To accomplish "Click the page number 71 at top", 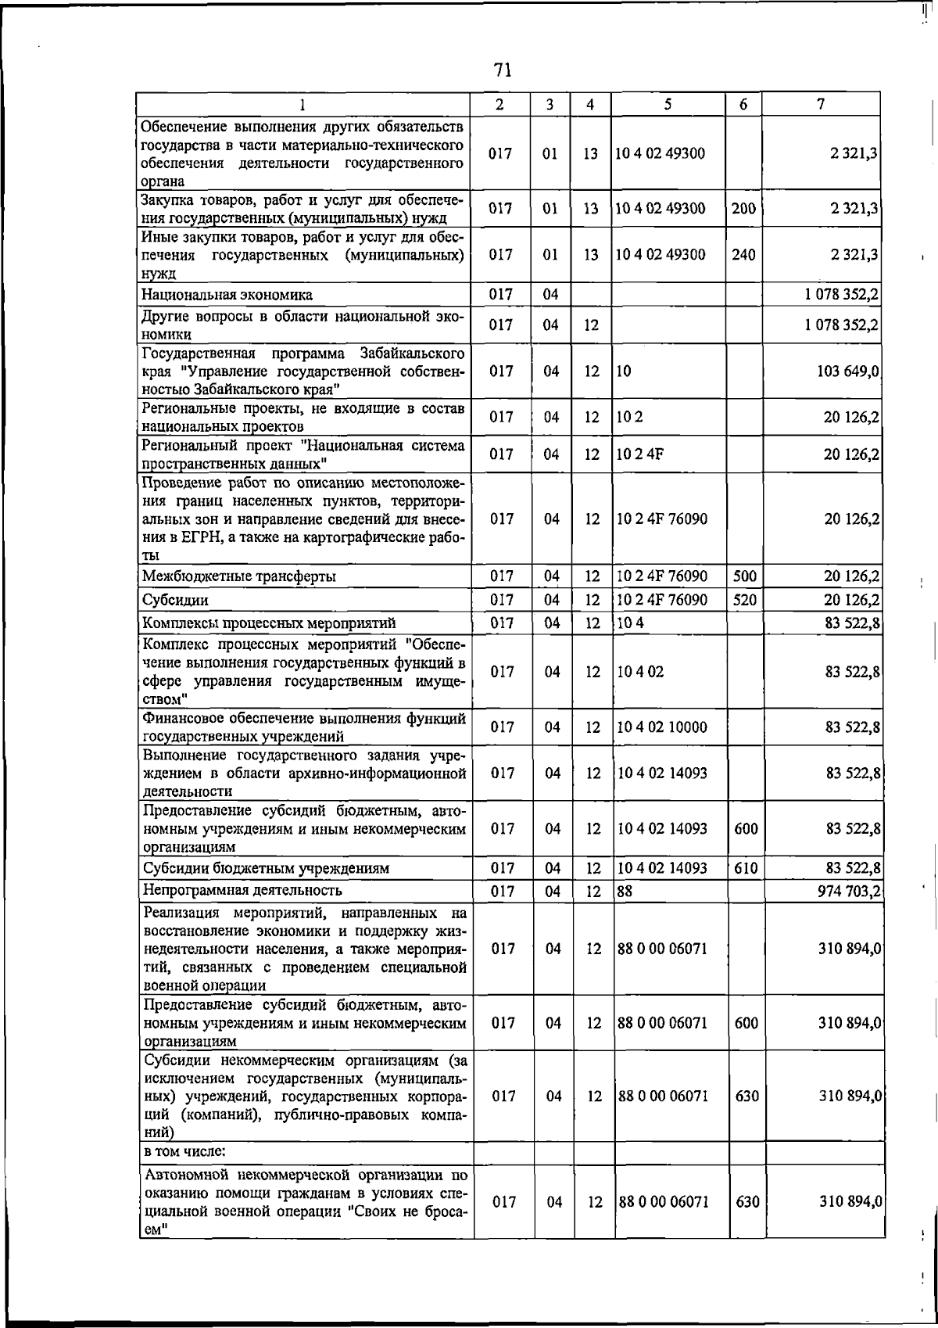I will tap(503, 70).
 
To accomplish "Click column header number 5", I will tap(668, 104).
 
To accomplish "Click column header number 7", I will tap(820, 104).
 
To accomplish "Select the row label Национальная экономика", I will tap(227, 295).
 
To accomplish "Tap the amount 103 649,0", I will tap(848, 371).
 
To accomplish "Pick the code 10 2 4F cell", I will tap(639, 454).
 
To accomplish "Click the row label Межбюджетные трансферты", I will tap(239, 576).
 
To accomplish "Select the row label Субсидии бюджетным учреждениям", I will tap(266, 868).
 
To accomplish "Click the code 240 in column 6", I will tap(743, 254).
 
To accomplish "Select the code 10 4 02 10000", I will tap(661, 727).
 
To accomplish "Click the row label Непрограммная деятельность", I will tap(242, 890).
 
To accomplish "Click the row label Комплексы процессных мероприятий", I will tap(269, 623).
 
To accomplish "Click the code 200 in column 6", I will tap(743, 208).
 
